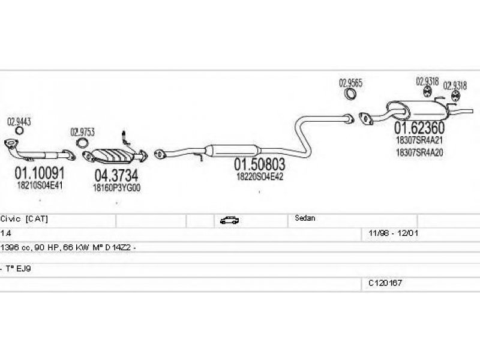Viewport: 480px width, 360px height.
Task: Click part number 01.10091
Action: pyautogui.click(x=40, y=174)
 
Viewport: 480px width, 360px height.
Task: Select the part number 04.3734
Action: pyautogui.click(x=116, y=176)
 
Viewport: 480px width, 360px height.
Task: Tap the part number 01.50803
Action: pyautogui.click(x=259, y=164)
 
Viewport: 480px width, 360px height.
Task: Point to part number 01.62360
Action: pyautogui.click(x=419, y=128)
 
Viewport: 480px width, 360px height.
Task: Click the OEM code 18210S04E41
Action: pyautogui.click(x=40, y=185)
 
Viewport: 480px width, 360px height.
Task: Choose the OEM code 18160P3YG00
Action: pyautogui.click(x=116, y=187)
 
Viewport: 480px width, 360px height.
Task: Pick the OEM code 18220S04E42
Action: pyautogui.click(x=260, y=176)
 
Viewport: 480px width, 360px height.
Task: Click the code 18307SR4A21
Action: pyautogui.click(x=419, y=140)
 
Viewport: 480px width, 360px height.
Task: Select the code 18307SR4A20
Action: pyautogui.click(x=419, y=152)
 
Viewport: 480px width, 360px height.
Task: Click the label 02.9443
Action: pyautogui.click(x=19, y=122)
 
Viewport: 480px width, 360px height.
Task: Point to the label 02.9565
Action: pyautogui.click(x=351, y=83)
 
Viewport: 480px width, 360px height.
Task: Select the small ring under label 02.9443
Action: pyautogui.click(x=19, y=131)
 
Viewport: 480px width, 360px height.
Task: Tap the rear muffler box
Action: pyautogui.click(x=417, y=110)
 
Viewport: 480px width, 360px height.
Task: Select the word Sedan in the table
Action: pyautogui.click(x=305, y=219)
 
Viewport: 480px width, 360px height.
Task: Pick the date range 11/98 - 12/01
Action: pyautogui.click(x=389, y=232)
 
